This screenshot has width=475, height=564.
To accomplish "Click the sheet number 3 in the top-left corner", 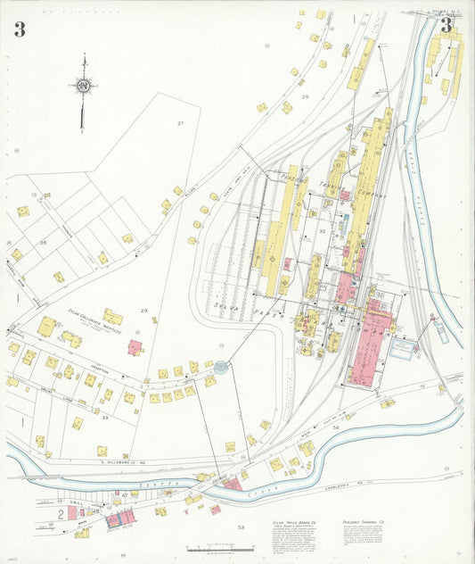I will [19, 29].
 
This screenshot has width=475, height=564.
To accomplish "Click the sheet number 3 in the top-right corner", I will [446, 24].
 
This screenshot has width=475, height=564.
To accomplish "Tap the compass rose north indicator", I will [83, 86].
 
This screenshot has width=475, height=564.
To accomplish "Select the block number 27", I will [179, 123].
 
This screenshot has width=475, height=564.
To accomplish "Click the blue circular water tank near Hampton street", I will [220, 366].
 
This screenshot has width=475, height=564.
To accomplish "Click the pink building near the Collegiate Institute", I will [135, 347].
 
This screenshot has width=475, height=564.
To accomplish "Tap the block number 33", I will [104, 417].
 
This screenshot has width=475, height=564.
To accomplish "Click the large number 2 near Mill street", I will [61, 516].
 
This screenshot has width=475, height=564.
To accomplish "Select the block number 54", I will [335, 428].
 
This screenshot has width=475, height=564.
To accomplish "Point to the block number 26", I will [42, 242].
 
